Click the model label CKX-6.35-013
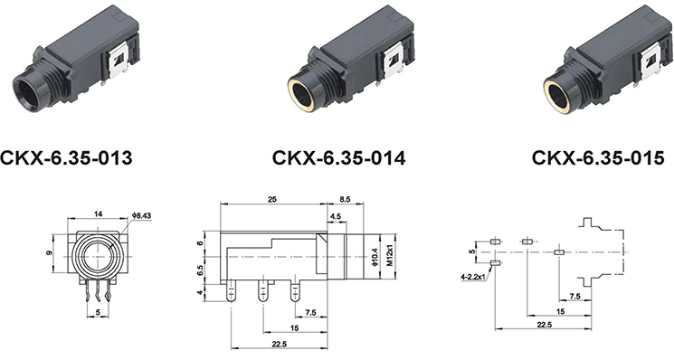[x=66, y=157]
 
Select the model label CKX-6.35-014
[x=338, y=157]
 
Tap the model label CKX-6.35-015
[x=598, y=157]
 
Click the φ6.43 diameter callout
[x=142, y=214]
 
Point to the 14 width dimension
[x=98, y=214]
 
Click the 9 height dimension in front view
[x=51, y=253]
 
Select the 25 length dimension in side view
[x=271, y=199]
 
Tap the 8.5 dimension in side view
[x=346, y=199]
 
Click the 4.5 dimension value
[x=336, y=217]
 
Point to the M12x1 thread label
[x=389, y=257]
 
